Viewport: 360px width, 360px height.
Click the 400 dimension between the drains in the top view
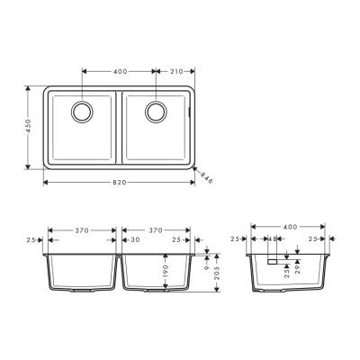[120, 69]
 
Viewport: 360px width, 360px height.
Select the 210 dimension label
[175, 69]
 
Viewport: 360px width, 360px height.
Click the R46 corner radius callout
[206, 177]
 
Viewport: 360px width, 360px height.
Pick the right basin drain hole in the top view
[156, 111]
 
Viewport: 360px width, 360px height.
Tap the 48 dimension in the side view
[270, 239]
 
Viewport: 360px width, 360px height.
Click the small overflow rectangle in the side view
[270, 260]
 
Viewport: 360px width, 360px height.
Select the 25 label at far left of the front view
[31, 240]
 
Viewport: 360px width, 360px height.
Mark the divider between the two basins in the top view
[119, 128]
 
